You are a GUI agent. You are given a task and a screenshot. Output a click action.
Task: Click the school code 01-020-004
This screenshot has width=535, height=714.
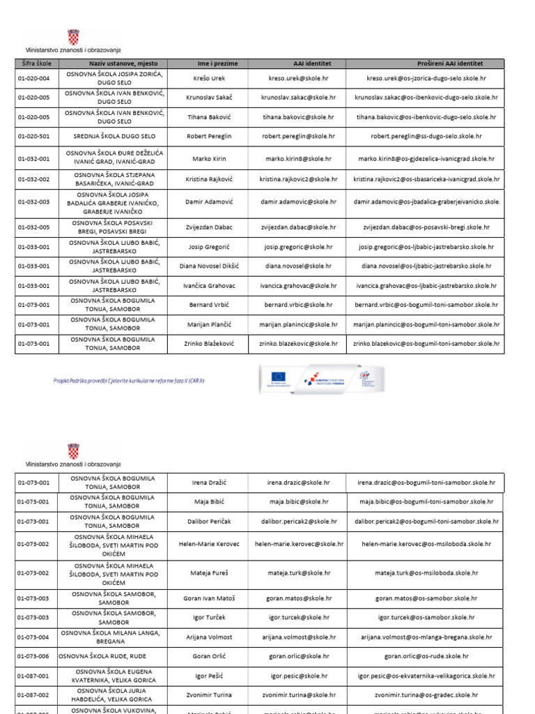(33, 78)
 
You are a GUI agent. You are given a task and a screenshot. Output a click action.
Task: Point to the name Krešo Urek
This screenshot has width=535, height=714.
(209, 78)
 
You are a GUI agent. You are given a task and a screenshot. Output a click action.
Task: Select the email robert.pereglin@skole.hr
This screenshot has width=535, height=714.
(298, 137)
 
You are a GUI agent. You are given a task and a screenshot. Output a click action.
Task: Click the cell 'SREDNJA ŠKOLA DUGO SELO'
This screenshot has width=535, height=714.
(114, 137)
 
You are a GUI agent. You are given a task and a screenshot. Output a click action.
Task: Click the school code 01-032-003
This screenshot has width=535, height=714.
(33, 202)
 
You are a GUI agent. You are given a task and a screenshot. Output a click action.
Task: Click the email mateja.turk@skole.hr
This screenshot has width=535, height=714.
(298, 573)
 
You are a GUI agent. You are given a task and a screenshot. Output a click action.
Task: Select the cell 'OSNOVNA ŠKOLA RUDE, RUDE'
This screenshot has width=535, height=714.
(112, 656)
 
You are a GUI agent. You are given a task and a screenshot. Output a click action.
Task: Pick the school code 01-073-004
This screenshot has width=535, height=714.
(33, 637)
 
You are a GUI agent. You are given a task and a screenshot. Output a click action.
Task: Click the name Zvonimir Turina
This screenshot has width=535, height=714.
(209, 695)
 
